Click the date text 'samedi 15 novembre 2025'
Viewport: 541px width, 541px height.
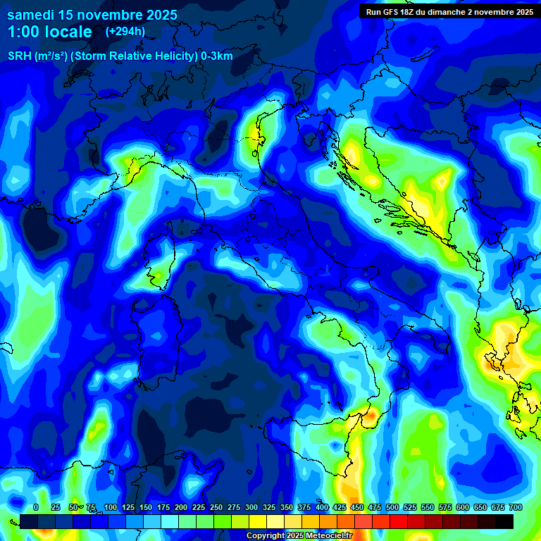coord(92,15)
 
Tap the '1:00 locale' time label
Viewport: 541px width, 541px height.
coord(50,32)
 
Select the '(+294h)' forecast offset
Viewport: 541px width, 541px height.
coord(125,31)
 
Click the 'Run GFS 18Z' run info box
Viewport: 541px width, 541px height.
coord(447,11)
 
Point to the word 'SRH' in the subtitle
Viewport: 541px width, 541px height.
coord(19,56)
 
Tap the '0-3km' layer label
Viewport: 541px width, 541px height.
coord(217,56)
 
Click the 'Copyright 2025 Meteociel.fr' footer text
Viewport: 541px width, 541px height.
coord(300,536)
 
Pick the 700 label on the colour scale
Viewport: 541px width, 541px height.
coord(516,508)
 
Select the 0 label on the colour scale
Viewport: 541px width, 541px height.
coord(36,508)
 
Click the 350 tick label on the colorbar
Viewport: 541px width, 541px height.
coord(287,508)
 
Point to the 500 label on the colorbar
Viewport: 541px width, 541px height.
coord(392,508)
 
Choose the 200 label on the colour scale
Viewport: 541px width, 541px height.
coord(181,508)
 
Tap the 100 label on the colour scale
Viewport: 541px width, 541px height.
coord(111,508)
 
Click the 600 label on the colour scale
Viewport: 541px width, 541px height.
coord(463,508)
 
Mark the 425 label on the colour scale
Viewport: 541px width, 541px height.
coord(340,508)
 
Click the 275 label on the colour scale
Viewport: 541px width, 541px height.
coord(234,508)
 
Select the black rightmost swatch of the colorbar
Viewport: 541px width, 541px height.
coord(504,521)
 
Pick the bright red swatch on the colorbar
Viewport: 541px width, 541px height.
coord(399,521)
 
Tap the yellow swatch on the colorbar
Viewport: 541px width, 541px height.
coord(258,521)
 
